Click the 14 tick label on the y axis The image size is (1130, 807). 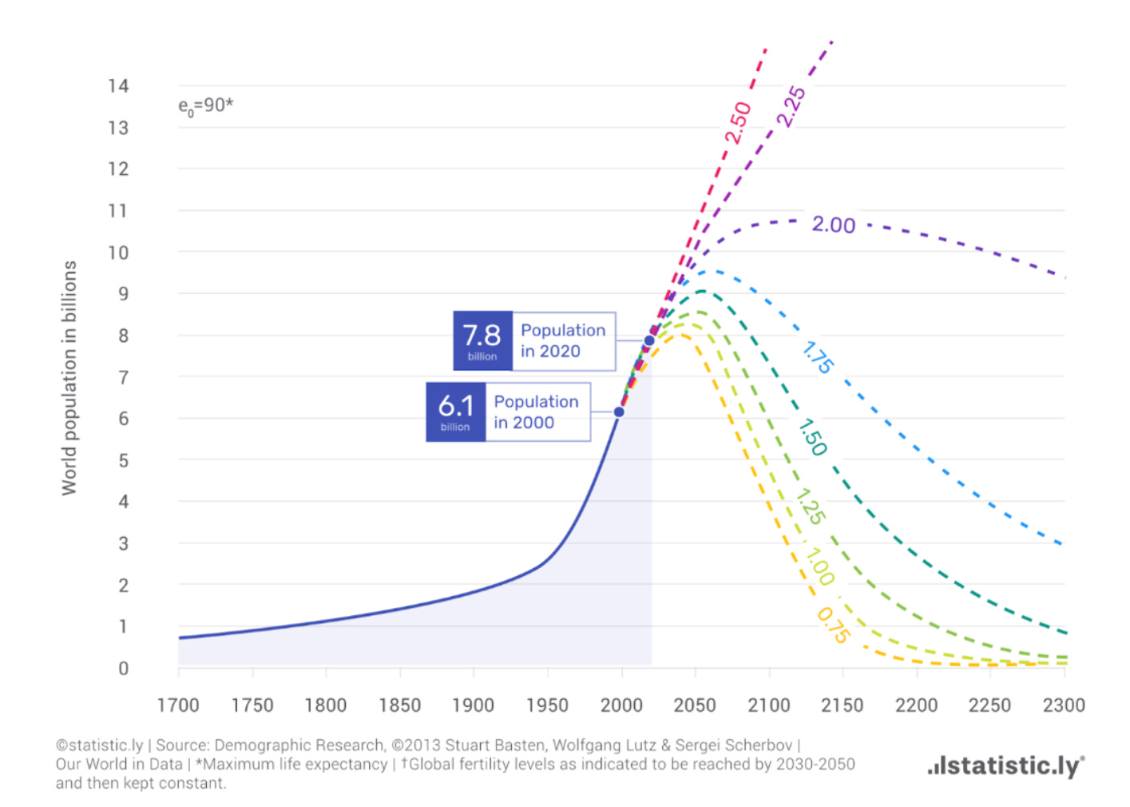point(118,85)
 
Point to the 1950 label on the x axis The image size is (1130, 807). point(547,705)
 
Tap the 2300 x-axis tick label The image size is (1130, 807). point(1064,705)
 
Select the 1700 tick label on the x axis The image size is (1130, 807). point(178,705)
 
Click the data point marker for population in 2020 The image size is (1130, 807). point(649,341)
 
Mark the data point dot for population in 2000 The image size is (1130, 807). point(619,412)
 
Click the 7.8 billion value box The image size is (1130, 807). point(483,341)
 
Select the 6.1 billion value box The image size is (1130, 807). point(455,412)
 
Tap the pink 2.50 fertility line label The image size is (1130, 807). point(738,122)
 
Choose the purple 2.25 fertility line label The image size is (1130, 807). point(791,106)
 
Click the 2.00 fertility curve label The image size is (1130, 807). point(834,225)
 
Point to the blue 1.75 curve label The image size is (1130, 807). point(818,357)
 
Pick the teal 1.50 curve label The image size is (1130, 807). point(812,437)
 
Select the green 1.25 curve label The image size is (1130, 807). point(811,507)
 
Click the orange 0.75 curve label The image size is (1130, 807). point(834,626)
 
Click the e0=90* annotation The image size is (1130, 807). point(206,106)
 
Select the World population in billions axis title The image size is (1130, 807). point(69,378)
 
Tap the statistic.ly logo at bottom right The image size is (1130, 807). point(1006,766)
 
